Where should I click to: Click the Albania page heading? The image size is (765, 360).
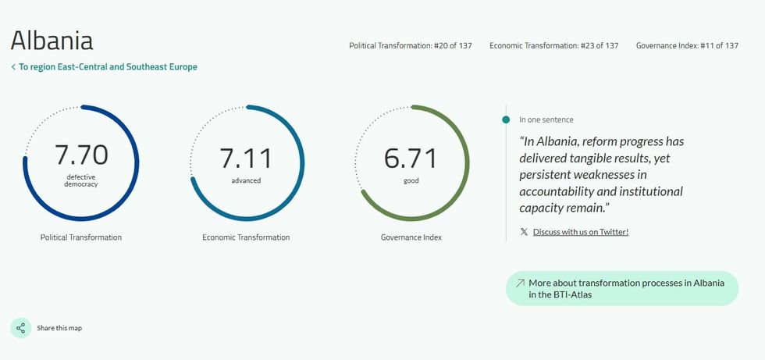tap(52, 40)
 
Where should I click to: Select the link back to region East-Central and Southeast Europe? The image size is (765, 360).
tap(104, 67)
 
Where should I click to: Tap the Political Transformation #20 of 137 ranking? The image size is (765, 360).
tap(411, 46)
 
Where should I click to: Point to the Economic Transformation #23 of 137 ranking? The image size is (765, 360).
tap(553, 46)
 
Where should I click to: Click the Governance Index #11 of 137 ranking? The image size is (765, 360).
tap(687, 46)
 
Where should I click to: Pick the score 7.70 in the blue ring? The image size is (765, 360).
tap(81, 155)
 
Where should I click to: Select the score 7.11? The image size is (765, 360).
tap(246, 158)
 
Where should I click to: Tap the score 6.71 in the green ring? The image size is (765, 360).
tap(411, 158)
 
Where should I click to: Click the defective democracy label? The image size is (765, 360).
tap(81, 180)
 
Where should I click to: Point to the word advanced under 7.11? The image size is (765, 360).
tap(246, 180)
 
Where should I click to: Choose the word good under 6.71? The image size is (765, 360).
tap(411, 181)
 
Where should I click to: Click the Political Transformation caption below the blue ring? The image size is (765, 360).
tap(81, 237)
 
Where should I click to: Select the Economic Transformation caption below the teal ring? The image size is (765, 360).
tap(246, 237)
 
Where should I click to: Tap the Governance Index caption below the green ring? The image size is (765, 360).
tap(411, 237)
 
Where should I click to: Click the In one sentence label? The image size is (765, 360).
tap(546, 119)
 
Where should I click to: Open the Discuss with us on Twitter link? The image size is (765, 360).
tap(581, 232)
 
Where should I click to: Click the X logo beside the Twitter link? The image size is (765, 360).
tap(524, 232)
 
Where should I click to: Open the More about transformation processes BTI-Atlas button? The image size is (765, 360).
tap(622, 288)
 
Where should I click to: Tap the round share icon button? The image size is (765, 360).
tap(20, 328)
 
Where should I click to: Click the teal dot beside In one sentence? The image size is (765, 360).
tap(506, 119)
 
